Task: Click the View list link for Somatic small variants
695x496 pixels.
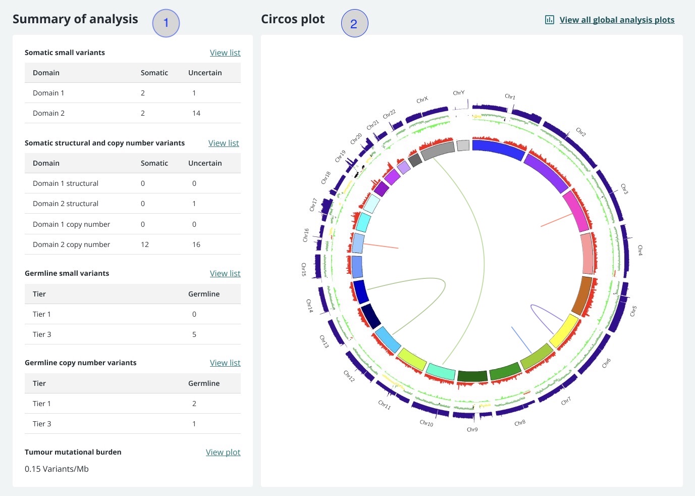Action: pyautogui.click(x=225, y=53)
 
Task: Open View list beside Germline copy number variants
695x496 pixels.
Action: pyautogui.click(x=225, y=363)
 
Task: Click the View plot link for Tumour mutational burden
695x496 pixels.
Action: pyautogui.click(x=223, y=452)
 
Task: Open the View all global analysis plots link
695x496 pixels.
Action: pyautogui.click(x=617, y=20)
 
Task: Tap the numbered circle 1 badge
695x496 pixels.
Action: pyautogui.click(x=166, y=23)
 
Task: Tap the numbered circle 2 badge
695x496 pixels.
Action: pyautogui.click(x=354, y=24)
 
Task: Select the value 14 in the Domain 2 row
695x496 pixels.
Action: pyautogui.click(x=196, y=113)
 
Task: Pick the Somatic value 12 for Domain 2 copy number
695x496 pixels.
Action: pyautogui.click(x=145, y=244)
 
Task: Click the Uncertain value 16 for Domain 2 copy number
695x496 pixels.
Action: pyautogui.click(x=196, y=244)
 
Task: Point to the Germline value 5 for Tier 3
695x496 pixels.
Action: pyautogui.click(x=194, y=334)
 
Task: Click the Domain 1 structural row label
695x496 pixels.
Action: pyautogui.click(x=66, y=183)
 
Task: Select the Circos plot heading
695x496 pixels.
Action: pyautogui.click(x=293, y=19)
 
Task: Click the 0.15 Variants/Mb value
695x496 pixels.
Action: pyautogui.click(x=57, y=469)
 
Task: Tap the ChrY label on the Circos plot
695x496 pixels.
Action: pyautogui.click(x=458, y=93)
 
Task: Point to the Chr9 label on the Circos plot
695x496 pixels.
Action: pyautogui.click(x=472, y=429)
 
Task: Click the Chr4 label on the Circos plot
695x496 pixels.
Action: pyautogui.click(x=640, y=250)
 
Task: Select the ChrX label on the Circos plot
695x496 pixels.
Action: pyautogui.click(x=422, y=100)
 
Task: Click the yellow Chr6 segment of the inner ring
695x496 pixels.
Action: pyautogui.click(x=564, y=331)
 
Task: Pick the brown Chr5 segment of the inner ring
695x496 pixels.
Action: pyautogui.click(x=582, y=295)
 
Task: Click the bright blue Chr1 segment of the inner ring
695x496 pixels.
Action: pyautogui.click(x=497, y=149)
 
